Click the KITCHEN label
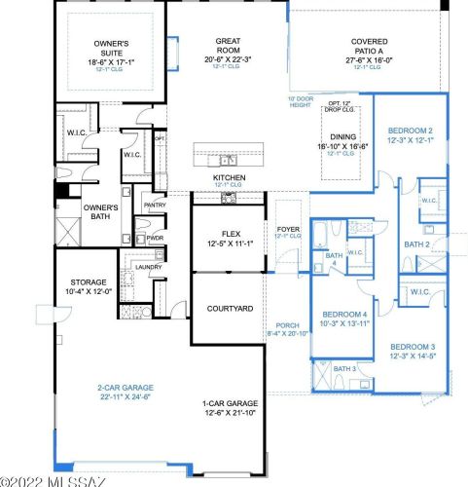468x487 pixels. (229, 178)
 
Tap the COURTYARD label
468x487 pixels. (230, 308)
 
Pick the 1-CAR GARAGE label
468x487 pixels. (230, 403)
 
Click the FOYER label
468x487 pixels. (288, 231)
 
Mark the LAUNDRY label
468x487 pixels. (148, 266)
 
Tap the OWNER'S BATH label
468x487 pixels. (99, 212)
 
